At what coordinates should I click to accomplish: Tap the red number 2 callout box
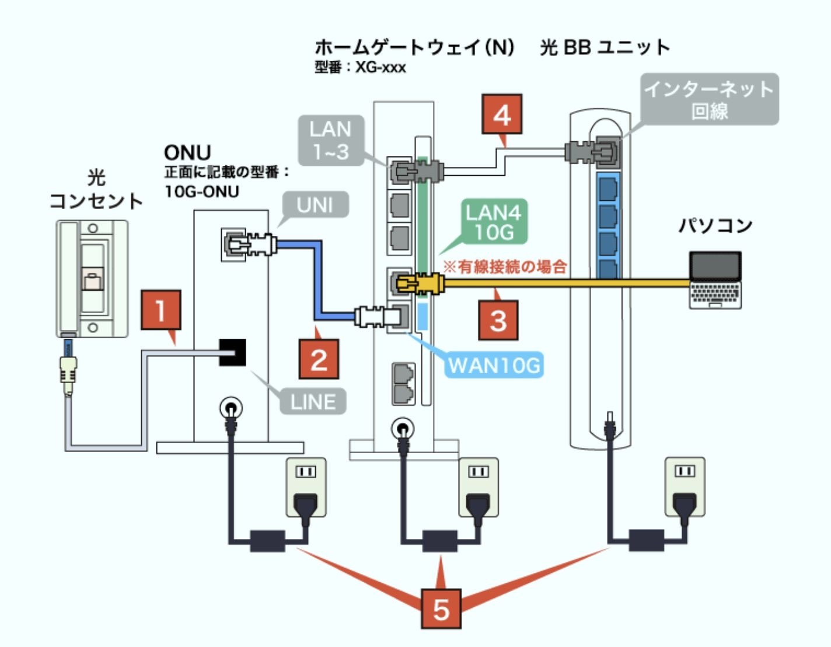tap(319, 359)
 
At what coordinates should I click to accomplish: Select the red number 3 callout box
tap(498, 320)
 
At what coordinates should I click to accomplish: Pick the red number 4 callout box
tap(502, 114)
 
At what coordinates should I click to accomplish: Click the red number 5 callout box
tap(441, 610)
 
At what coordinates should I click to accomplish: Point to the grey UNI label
tap(315, 205)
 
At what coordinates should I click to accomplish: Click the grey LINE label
tap(313, 402)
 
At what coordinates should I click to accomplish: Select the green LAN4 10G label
tap(494, 222)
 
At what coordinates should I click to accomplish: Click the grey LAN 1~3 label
tap(331, 140)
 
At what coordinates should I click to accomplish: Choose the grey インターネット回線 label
tap(710, 99)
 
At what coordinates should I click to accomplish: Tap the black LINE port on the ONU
tap(232, 352)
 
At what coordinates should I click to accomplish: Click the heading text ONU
tap(187, 153)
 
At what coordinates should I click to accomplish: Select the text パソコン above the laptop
tap(715, 225)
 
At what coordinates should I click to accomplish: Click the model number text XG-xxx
tap(380, 68)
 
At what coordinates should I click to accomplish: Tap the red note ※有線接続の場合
tap(505, 267)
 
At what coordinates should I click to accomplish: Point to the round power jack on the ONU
tap(231, 407)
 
